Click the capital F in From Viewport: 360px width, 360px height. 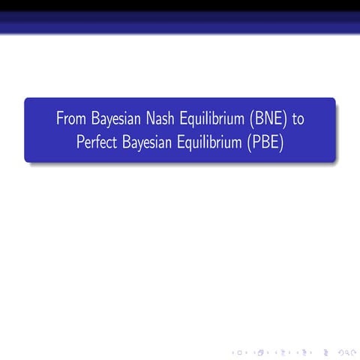pos(59,119)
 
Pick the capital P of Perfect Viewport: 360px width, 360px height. pos(80,142)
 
